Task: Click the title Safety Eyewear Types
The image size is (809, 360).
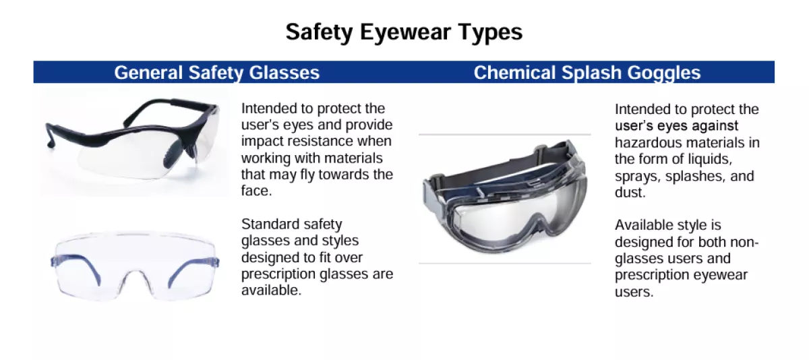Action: tap(404, 32)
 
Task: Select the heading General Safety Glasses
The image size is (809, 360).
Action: tap(216, 72)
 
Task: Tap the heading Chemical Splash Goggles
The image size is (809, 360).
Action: tap(587, 72)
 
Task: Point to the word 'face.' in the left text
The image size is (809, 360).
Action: tap(256, 190)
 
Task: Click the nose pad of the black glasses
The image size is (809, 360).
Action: tap(171, 153)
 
